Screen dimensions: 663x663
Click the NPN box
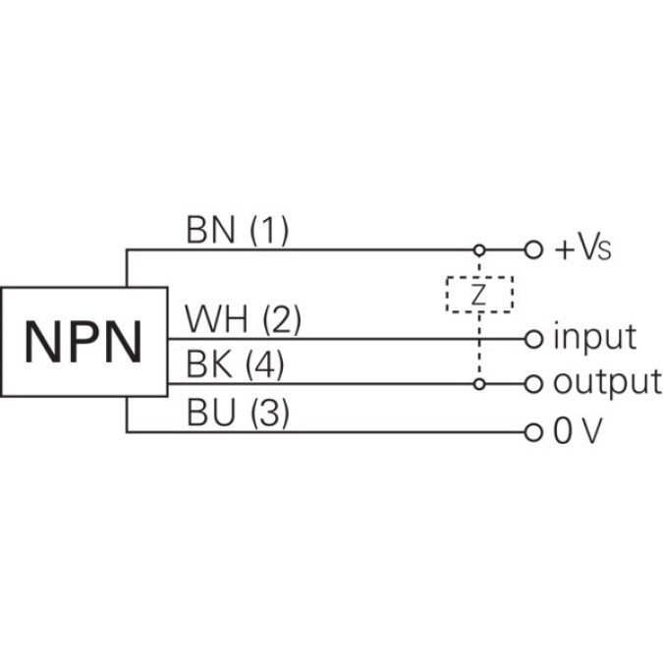click(x=83, y=340)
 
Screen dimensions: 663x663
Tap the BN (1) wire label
click(x=237, y=231)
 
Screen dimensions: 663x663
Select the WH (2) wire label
click(x=243, y=319)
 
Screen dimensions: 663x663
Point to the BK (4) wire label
click(x=235, y=366)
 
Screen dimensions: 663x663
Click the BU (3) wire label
click(x=237, y=414)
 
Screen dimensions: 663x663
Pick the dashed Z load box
click(x=479, y=295)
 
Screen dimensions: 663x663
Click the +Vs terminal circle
click(x=533, y=249)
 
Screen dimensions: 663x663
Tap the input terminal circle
click(x=533, y=339)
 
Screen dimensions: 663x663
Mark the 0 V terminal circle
click(x=533, y=431)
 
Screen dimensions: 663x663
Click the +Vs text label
click(x=583, y=249)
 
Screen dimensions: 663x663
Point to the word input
click(x=594, y=339)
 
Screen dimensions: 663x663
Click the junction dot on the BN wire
click(x=479, y=249)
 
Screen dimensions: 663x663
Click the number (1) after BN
click(x=268, y=231)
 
